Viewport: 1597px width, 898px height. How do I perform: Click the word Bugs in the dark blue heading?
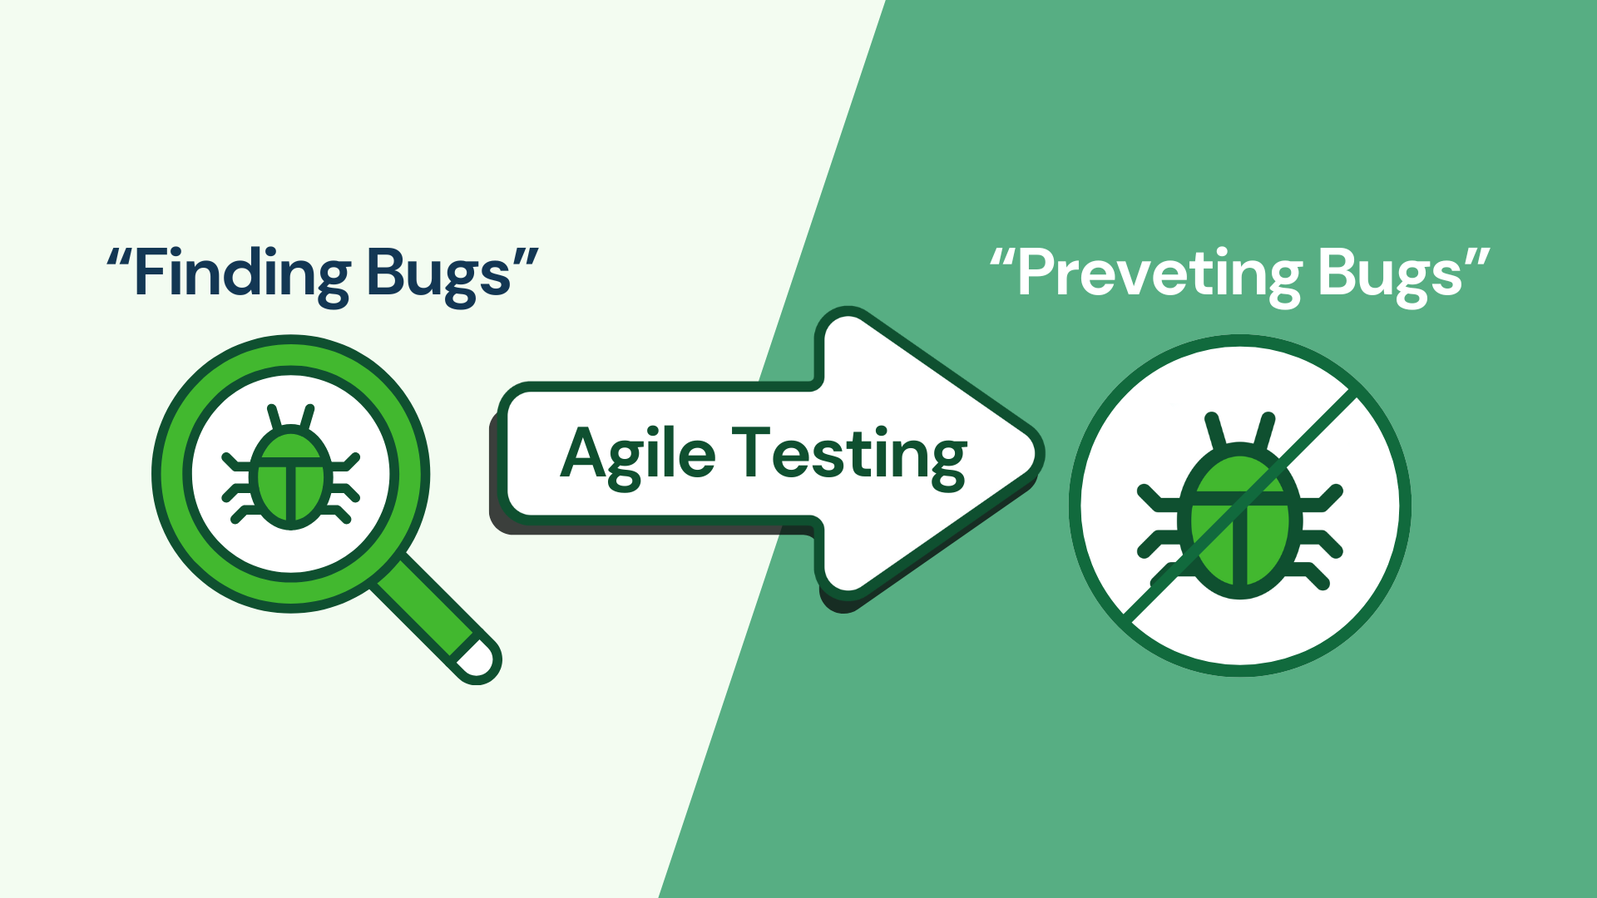point(438,274)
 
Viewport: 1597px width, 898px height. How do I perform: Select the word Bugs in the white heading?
point(1390,275)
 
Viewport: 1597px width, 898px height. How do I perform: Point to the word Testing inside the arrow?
point(849,456)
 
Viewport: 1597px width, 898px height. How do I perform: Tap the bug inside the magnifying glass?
point(291,470)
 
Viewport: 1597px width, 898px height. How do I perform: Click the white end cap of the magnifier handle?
point(479,660)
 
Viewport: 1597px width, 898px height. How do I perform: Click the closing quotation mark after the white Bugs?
point(1476,259)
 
